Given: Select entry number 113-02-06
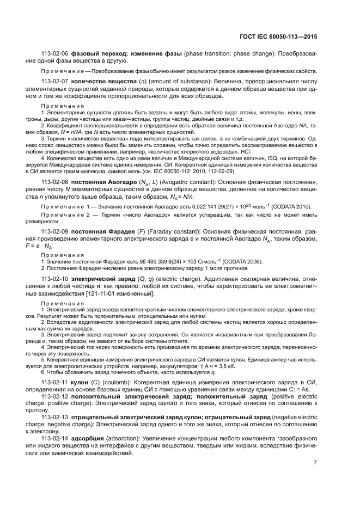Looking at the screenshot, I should [54, 55].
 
